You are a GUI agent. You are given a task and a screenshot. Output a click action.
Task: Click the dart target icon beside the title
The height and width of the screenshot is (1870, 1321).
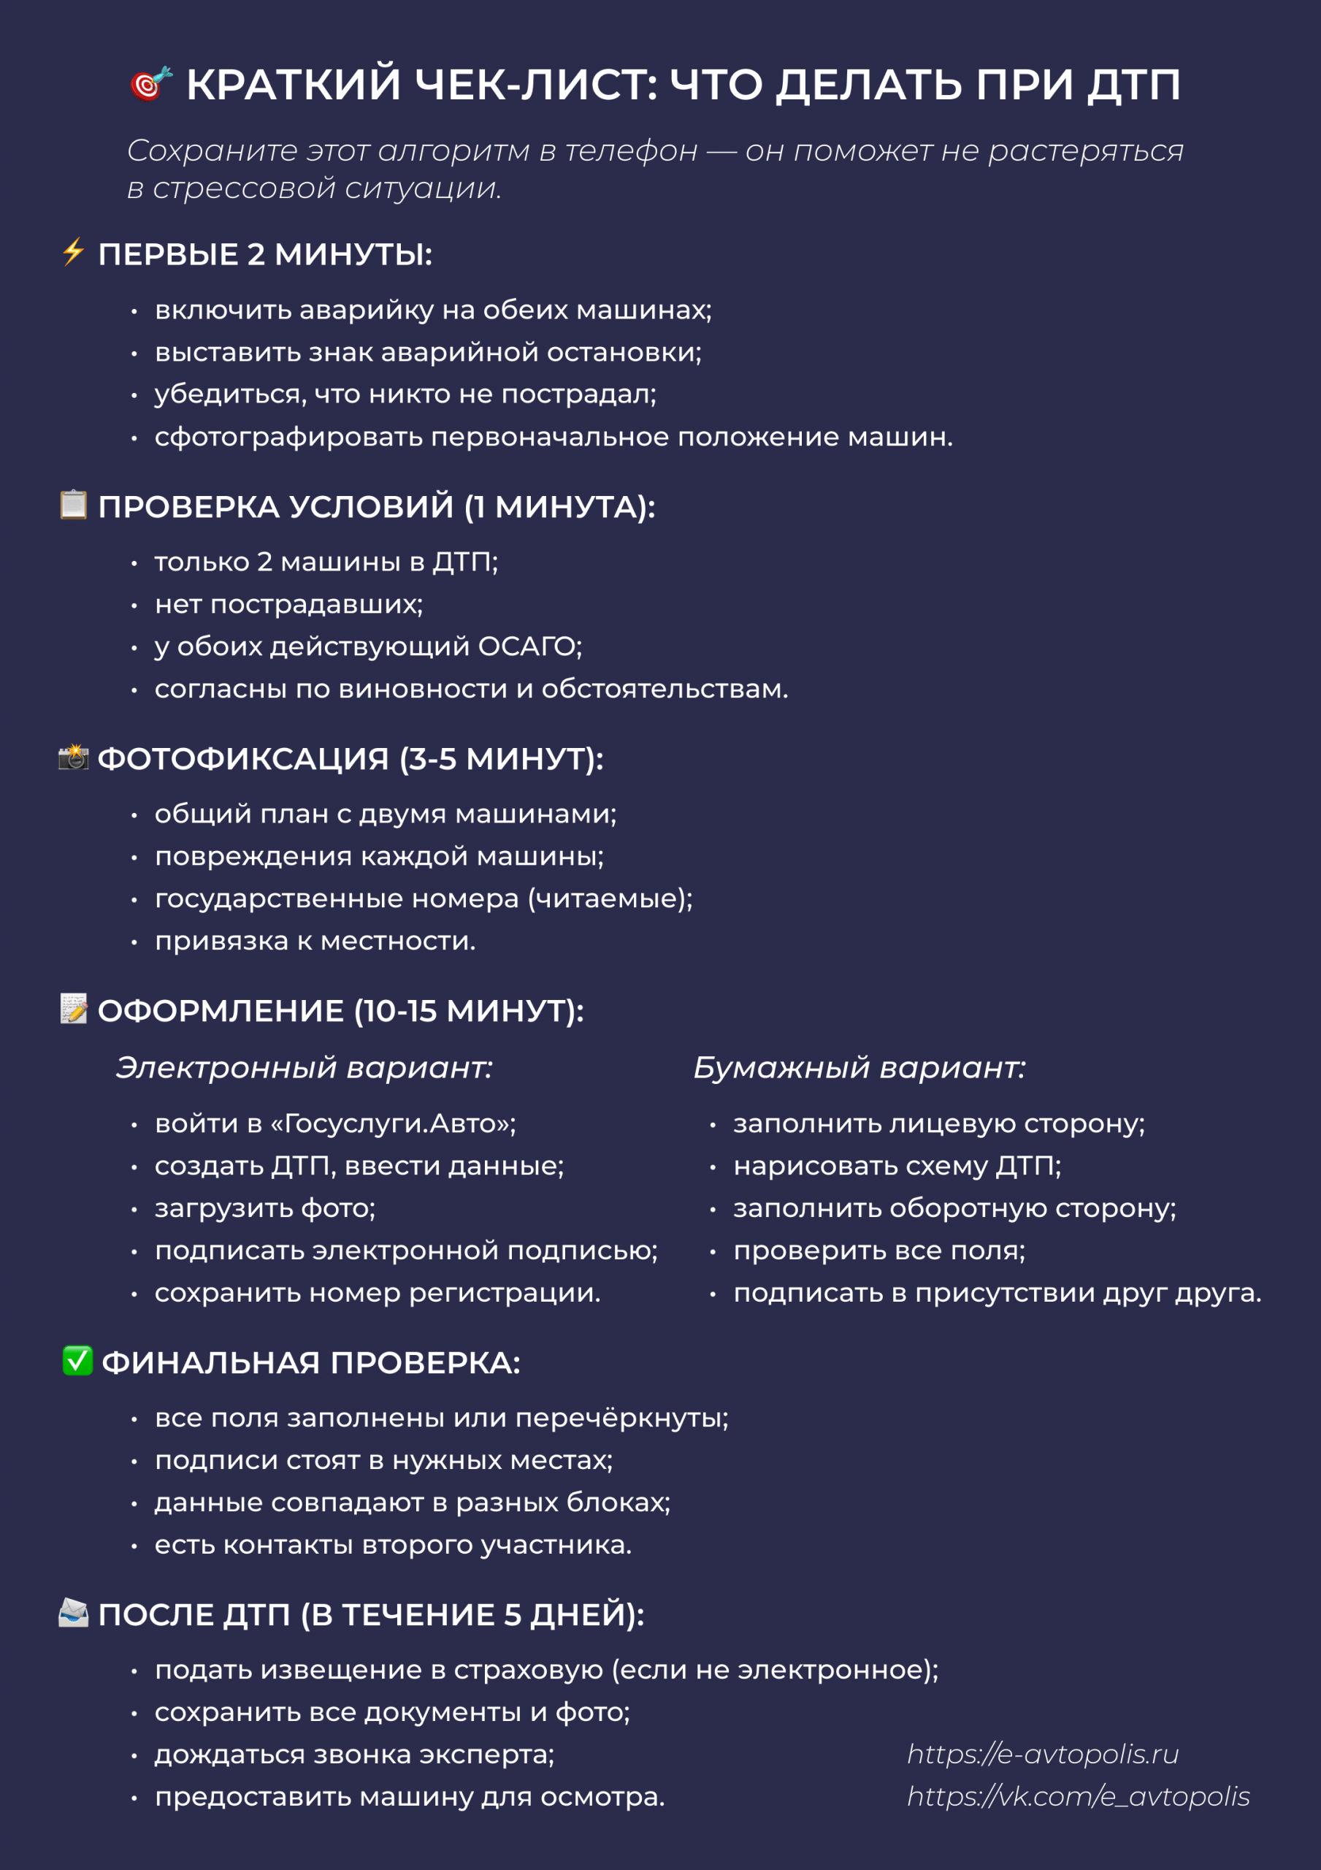coord(150,83)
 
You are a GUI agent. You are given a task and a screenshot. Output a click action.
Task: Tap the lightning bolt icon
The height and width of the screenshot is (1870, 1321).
coord(73,252)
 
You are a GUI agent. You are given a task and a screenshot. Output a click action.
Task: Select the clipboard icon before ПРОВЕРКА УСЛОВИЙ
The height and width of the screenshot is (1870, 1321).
coord(73,504)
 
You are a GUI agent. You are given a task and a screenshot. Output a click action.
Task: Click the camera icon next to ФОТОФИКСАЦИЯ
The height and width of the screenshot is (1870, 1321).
coord(73,757)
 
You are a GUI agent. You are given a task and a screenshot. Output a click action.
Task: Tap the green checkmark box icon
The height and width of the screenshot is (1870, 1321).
coord(77,1360)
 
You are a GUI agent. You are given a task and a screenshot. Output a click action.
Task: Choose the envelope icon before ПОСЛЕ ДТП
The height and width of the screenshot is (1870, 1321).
coord(73,1612)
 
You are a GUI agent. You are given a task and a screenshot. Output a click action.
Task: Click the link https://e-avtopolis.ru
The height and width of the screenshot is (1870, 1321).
coord(1043,1754)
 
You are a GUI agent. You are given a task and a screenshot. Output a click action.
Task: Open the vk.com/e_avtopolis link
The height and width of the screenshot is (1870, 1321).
coord(1079,1796)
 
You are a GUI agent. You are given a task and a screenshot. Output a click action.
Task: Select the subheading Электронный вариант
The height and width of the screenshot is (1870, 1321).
coord(304,1067)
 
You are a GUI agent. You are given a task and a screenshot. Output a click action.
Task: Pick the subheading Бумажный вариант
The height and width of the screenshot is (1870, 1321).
coord(859,1067)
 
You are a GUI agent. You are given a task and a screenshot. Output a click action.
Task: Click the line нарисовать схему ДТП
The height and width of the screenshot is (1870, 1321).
coord(897,1166)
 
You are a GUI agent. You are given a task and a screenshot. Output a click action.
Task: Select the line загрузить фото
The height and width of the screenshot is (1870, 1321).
coord(264,1208)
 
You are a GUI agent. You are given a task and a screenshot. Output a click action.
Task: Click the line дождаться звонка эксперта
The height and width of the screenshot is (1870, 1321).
coord(354,1755)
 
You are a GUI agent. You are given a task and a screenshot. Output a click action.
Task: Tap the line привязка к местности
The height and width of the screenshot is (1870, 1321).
coord(315,941)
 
